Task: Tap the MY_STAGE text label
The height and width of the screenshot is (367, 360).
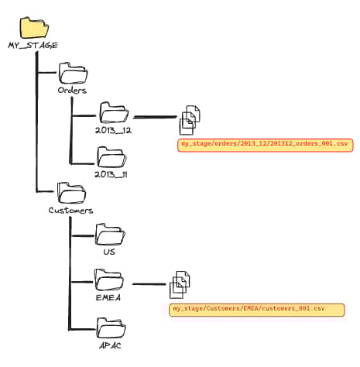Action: [x=33, y=46]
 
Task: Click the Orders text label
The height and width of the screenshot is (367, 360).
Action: [x=72, y=91]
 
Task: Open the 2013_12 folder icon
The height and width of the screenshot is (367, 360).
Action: [x=113, y=114]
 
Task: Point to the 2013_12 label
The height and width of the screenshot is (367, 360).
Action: [x=113, y=131]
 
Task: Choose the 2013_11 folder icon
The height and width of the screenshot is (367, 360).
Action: [x=111, y=157]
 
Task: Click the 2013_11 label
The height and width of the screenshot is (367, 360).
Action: [x=111, y=175]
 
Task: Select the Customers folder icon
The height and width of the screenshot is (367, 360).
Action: [x=71, y=194]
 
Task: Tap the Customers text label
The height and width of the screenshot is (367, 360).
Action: [x=70, y=211]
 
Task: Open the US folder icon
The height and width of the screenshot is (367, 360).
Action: [x=109, y=234]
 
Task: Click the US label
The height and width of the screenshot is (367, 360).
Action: [x=109, y=252]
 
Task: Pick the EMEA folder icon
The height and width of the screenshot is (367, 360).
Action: [x=109, y=278]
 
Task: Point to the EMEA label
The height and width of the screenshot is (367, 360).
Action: [x=109, y=296]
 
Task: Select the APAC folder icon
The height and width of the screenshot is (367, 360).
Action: [x=109, y=327]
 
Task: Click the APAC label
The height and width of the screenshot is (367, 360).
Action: [x=109, y=345]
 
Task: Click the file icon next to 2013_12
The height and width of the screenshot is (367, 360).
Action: [x=190, y=119]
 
